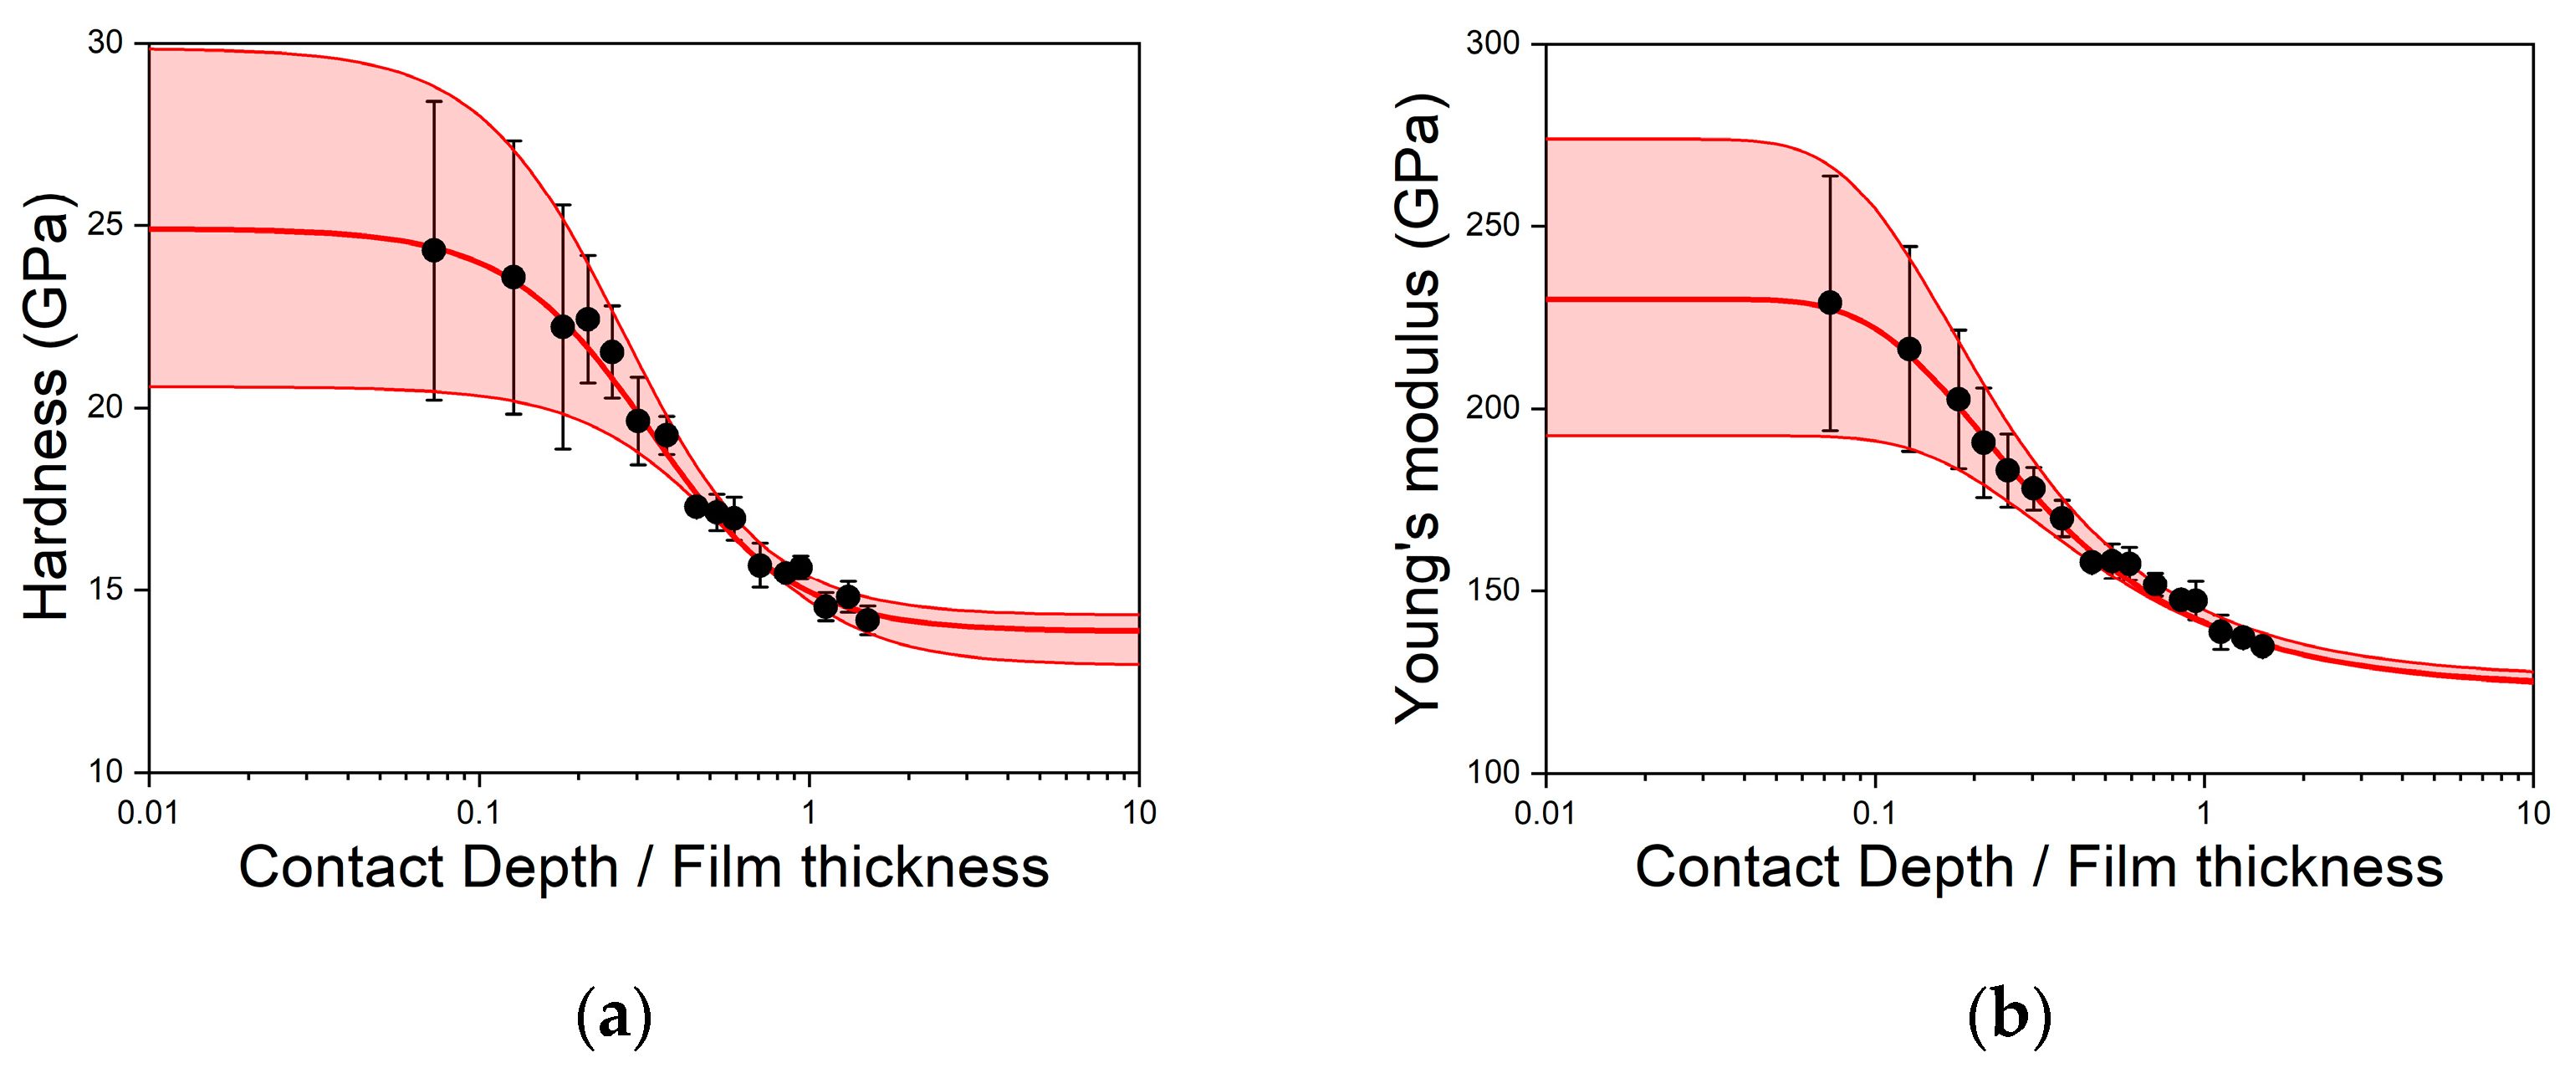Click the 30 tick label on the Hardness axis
point(105,43)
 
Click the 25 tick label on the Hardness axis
point(105,226)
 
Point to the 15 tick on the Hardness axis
point(105,590)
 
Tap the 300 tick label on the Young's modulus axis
point(1493,43)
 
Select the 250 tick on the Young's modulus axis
point(1493,226)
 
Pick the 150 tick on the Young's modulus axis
point(1493,590)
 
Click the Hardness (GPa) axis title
point(47,406)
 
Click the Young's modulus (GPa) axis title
point(1418,406)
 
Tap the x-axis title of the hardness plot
point(643,866)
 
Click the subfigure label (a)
point(614,1016)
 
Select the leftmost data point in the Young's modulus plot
point(1830,303)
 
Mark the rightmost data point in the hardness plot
point(867,620)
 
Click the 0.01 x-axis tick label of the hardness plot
point(148,812)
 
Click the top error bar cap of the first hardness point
point(433,101)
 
